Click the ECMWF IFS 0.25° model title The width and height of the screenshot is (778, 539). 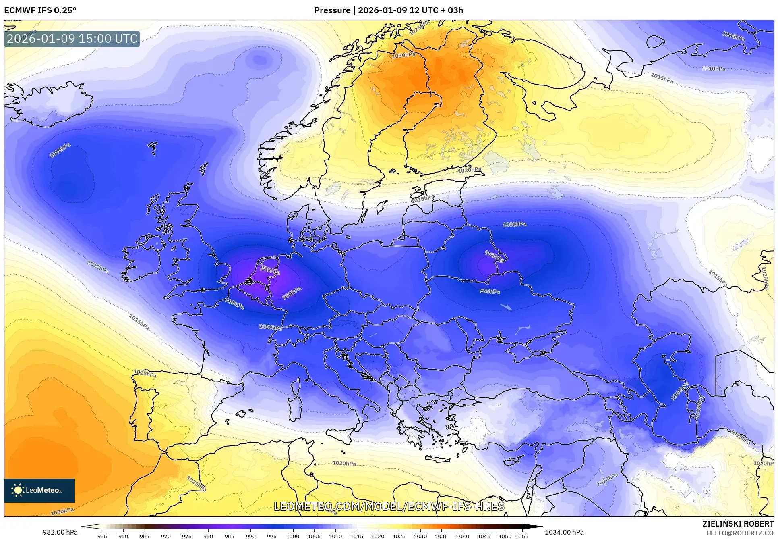tap(40, 10)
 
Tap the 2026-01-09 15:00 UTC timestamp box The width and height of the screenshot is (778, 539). tap(72, 39)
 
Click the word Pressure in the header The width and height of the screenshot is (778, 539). tap(332, 10)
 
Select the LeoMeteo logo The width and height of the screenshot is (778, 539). tap(39, 490)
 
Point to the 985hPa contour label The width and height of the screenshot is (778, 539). tap(270, 270)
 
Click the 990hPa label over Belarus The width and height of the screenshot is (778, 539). tap(494, 256)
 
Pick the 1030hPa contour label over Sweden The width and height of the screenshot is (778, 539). tap(403, 56)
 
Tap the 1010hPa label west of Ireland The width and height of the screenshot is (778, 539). tap(98, 267)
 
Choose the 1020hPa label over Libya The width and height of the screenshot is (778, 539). tap(344, 463)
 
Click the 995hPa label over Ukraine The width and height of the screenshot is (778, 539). tap(490, 291)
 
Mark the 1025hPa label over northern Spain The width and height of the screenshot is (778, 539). tap(145, 373)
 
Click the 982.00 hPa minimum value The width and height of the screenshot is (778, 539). tap(60, 532)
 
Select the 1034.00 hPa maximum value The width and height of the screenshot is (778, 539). tap(564, 532)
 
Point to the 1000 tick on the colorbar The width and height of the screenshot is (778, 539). tap(293, 536)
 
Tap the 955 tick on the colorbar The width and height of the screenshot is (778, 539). tap(102, 536)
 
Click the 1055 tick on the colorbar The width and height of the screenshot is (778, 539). tap(522, 536)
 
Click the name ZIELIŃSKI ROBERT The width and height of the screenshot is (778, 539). tap(738, 524)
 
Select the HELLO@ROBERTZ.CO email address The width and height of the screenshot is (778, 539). tap(740, 533)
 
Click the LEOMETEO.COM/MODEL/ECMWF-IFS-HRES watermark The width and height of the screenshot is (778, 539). tap(389, 506)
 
